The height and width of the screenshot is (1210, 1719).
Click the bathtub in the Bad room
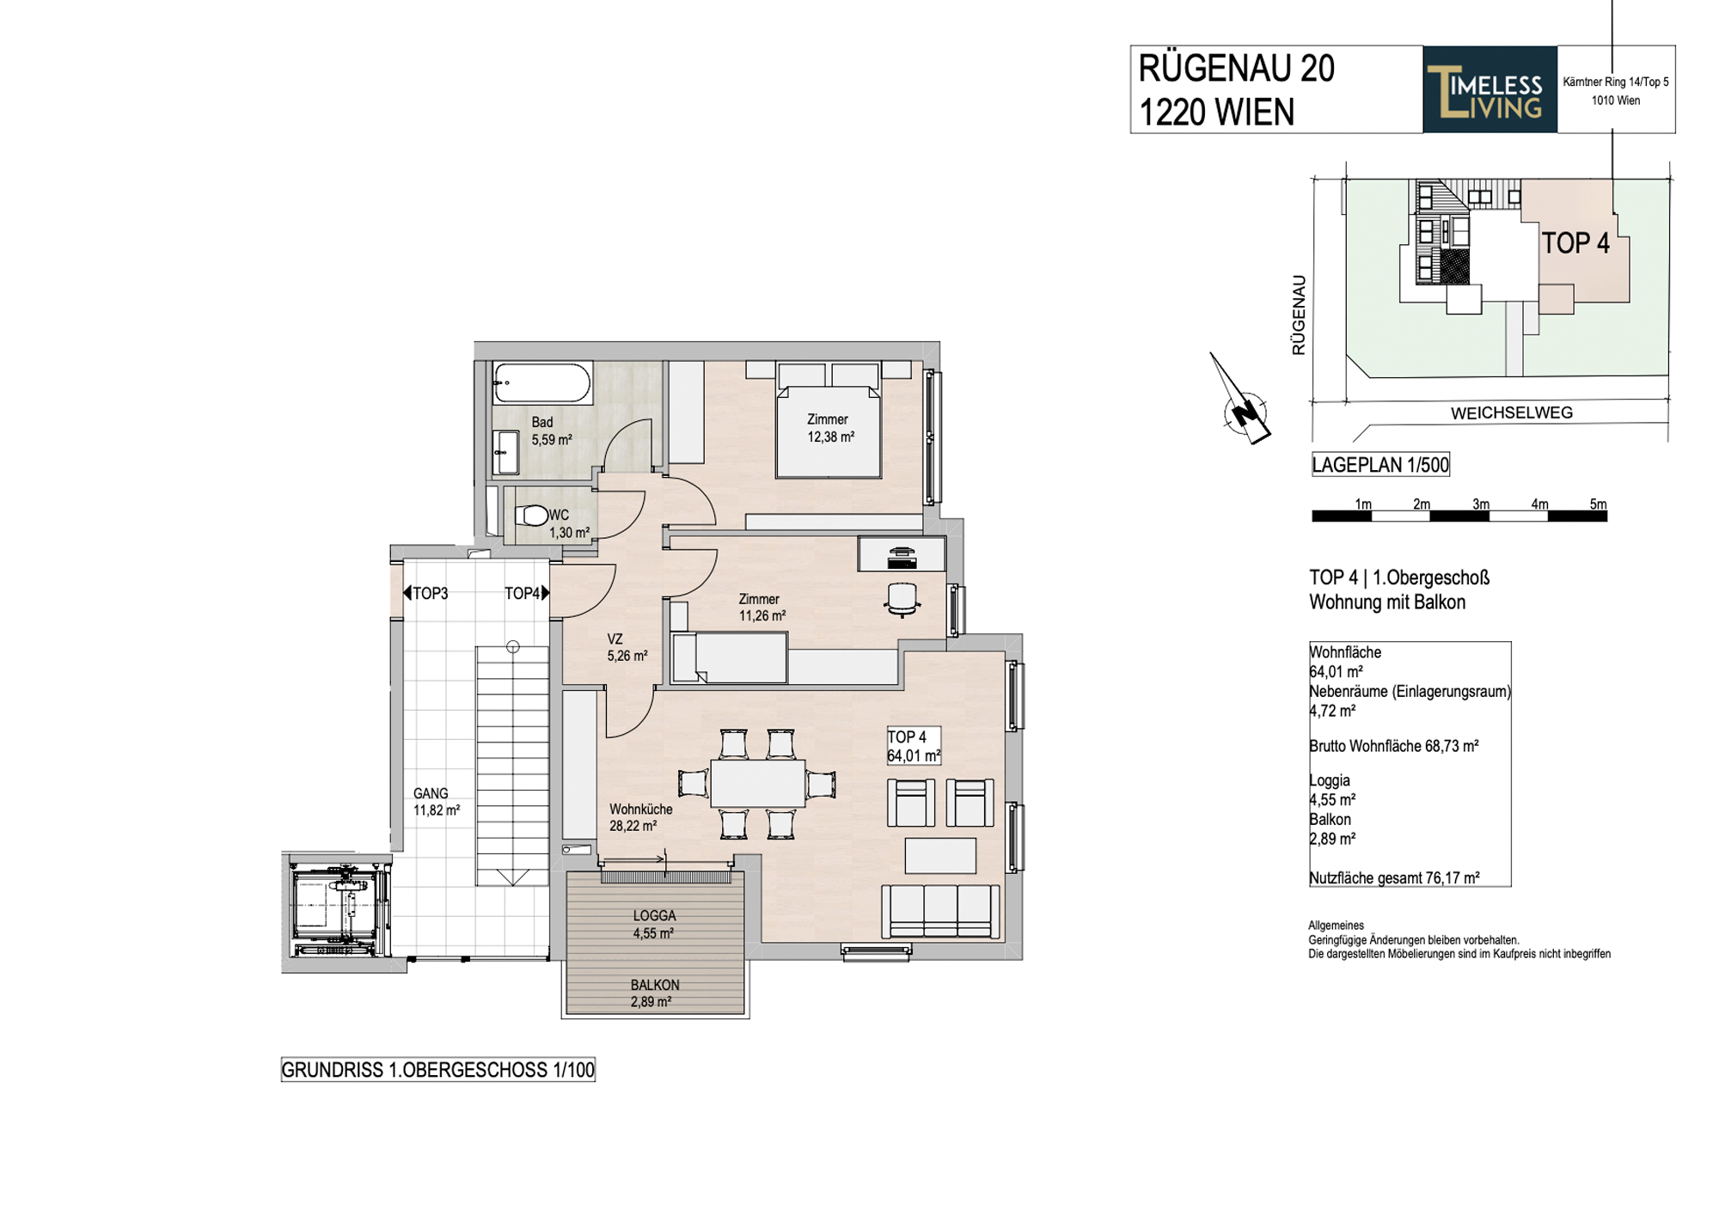click(x=542, y=383)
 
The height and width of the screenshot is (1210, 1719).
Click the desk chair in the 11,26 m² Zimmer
click(x=902, y=599)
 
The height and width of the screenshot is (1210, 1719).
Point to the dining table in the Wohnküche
click(x=757, y=783)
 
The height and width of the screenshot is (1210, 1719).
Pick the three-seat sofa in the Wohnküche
click(x=940, y=912)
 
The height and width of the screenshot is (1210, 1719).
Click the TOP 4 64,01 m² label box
click(x=914, y=746)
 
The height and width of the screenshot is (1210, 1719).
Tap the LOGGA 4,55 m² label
click(x=654, y=925)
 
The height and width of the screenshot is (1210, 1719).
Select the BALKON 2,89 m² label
click(x=654, y=993)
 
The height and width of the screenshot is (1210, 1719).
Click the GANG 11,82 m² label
click(x=436, y=802)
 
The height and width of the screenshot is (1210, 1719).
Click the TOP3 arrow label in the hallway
click(x=425, y=593)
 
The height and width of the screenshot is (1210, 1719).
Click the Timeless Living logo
click(x=1490, y=89)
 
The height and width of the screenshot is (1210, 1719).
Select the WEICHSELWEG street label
click(x=1512, y=412)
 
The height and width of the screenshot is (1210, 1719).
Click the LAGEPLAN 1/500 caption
click(x=1380, y=465)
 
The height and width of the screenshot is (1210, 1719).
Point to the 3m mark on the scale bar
click(x=1480, y=504)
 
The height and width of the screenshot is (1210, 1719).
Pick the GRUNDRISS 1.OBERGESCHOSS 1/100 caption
click(x=438, y=1070)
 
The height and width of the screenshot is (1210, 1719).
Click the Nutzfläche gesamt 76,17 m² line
click(x=1394, y=878)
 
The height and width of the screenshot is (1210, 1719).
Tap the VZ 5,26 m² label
click(x=627, y=647)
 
